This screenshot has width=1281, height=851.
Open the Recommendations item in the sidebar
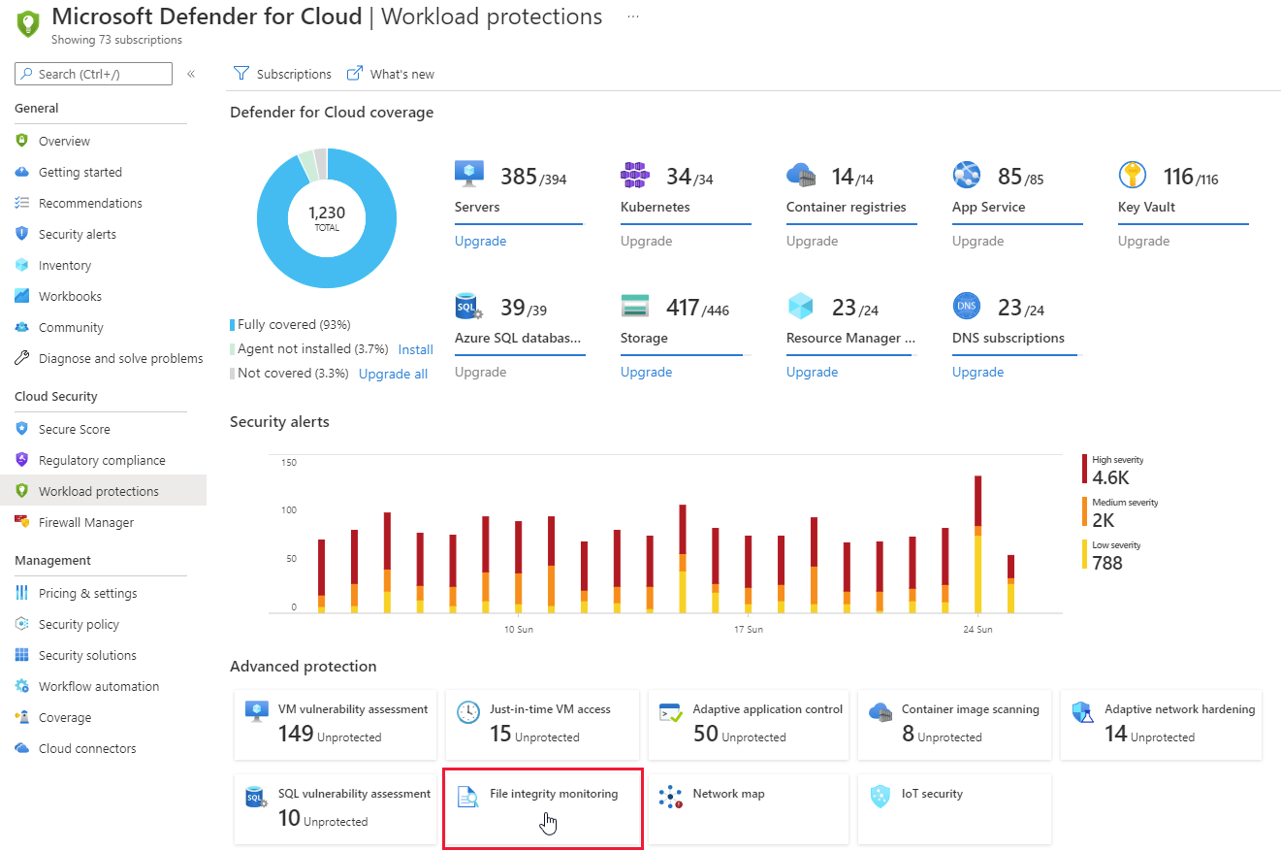90,203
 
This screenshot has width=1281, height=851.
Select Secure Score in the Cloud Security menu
74,429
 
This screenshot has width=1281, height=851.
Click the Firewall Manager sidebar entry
86,522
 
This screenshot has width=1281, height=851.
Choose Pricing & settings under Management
87,593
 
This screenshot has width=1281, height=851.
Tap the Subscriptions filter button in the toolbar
282,74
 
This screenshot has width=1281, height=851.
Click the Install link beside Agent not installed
415,349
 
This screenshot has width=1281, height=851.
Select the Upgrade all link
393,374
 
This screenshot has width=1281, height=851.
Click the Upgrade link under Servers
480,241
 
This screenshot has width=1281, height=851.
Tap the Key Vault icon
1132,175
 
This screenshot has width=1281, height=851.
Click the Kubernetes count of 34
679,177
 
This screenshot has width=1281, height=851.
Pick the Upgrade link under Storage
646,372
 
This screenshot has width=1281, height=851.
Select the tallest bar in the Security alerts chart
977,543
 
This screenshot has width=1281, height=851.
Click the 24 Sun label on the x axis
977,630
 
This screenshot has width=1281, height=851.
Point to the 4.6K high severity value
1110,477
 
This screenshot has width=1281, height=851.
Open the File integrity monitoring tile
542,808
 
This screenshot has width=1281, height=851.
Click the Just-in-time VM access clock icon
468,712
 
